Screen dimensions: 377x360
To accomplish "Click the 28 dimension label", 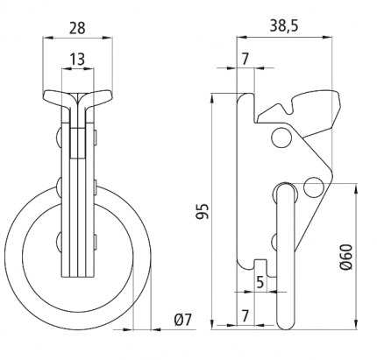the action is coord(77,28).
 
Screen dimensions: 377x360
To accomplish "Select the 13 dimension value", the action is coord(77,59).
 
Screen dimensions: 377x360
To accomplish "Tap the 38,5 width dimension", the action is coord(284,25).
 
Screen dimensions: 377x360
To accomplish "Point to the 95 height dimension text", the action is coord(203,211).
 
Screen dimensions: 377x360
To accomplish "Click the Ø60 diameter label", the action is coord(346,258).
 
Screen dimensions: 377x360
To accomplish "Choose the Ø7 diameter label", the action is coord(182,320).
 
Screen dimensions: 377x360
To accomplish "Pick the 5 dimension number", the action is coord(260,282).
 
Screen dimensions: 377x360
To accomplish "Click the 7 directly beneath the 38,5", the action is coord(245,59).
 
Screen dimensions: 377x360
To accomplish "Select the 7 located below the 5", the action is coord(245,315).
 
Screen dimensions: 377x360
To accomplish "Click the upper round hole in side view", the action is coord(281,138).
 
